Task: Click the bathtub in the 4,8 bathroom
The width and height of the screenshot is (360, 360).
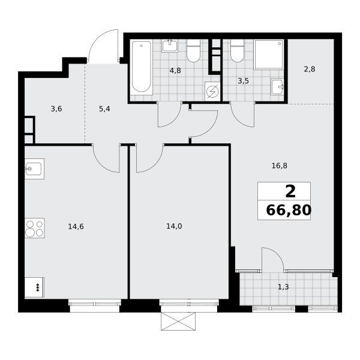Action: point(142,67)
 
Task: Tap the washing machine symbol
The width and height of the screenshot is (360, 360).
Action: point(212,91)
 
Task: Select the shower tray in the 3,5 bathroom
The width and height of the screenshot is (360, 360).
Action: point(269,55)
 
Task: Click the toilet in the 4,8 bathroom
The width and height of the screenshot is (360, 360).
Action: point(193,51)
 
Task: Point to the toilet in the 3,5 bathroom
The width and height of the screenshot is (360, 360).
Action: point(237,51)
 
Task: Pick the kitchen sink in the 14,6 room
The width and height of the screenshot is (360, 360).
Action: point(34,169)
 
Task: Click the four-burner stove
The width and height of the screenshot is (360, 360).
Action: point(34,228)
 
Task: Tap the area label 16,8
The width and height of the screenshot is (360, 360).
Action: point(279,166)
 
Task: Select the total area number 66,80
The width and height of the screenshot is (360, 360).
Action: point(289,210)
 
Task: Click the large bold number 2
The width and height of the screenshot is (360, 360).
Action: point(290,191)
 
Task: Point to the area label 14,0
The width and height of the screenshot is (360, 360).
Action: point(174,226)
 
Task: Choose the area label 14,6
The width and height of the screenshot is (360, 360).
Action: point(76,227)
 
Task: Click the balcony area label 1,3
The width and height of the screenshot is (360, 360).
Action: point(283,287)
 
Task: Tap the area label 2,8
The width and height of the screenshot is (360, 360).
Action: point(310,69)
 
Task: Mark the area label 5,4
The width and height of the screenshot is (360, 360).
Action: point(104,109)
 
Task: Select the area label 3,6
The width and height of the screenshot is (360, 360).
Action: point(56,109)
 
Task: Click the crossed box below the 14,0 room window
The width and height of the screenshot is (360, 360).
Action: point(178,321)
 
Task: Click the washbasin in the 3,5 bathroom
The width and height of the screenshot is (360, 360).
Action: point(277,87)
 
